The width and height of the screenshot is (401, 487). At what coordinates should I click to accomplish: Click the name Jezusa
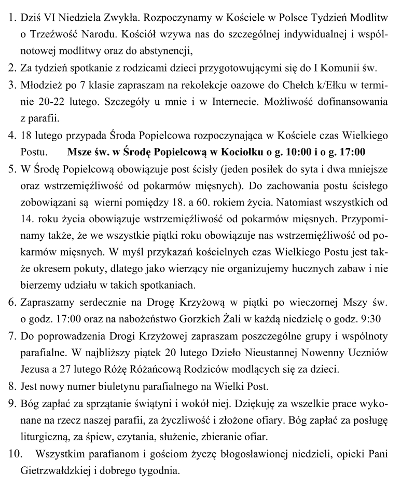point(35,368)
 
